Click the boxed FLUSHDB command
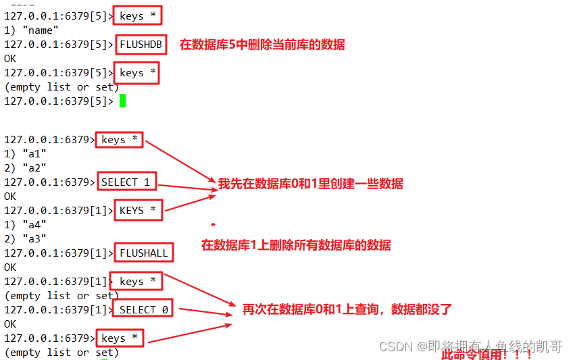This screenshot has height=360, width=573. (x=141, y=45)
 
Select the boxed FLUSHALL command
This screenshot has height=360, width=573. (x=144, y=253)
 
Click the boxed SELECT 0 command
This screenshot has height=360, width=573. (x=143, y=309)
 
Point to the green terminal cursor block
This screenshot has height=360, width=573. (x=123, y=101)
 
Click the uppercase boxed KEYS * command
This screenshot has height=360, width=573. (x=138, y=211)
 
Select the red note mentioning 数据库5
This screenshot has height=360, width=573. (x=262, y=45)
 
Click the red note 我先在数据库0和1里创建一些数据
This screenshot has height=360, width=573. (x=310, y=184)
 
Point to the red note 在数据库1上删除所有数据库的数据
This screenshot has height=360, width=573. (x=296, y=245)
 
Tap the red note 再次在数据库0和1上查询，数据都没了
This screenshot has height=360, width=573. (x=347, y=309)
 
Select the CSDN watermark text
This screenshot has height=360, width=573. (x=470, y=346)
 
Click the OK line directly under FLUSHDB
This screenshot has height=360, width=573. (x=10, y=59)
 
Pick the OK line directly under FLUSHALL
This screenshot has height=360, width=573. (x=10, y=267)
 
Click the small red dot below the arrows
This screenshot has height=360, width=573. (x=213, y=224)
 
